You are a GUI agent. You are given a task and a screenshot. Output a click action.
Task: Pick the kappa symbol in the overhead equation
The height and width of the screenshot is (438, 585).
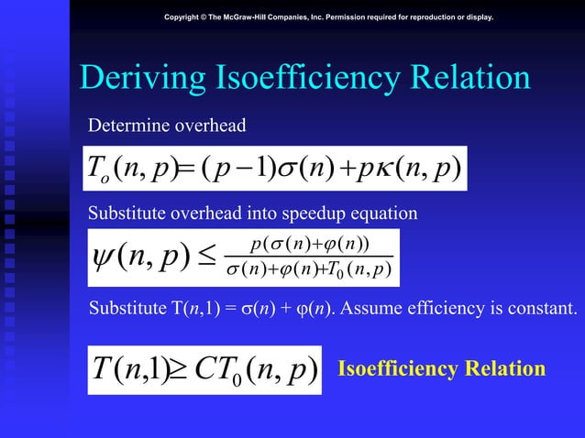pos(385,167)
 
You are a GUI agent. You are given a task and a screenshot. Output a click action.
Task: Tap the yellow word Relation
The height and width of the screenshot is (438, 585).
pos(507,369)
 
